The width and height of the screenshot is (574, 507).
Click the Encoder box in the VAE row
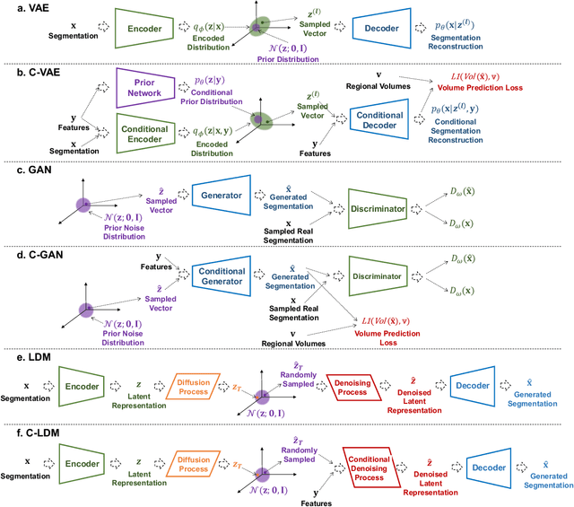(145, 28)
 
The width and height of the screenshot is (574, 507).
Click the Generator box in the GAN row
(219, 197)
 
